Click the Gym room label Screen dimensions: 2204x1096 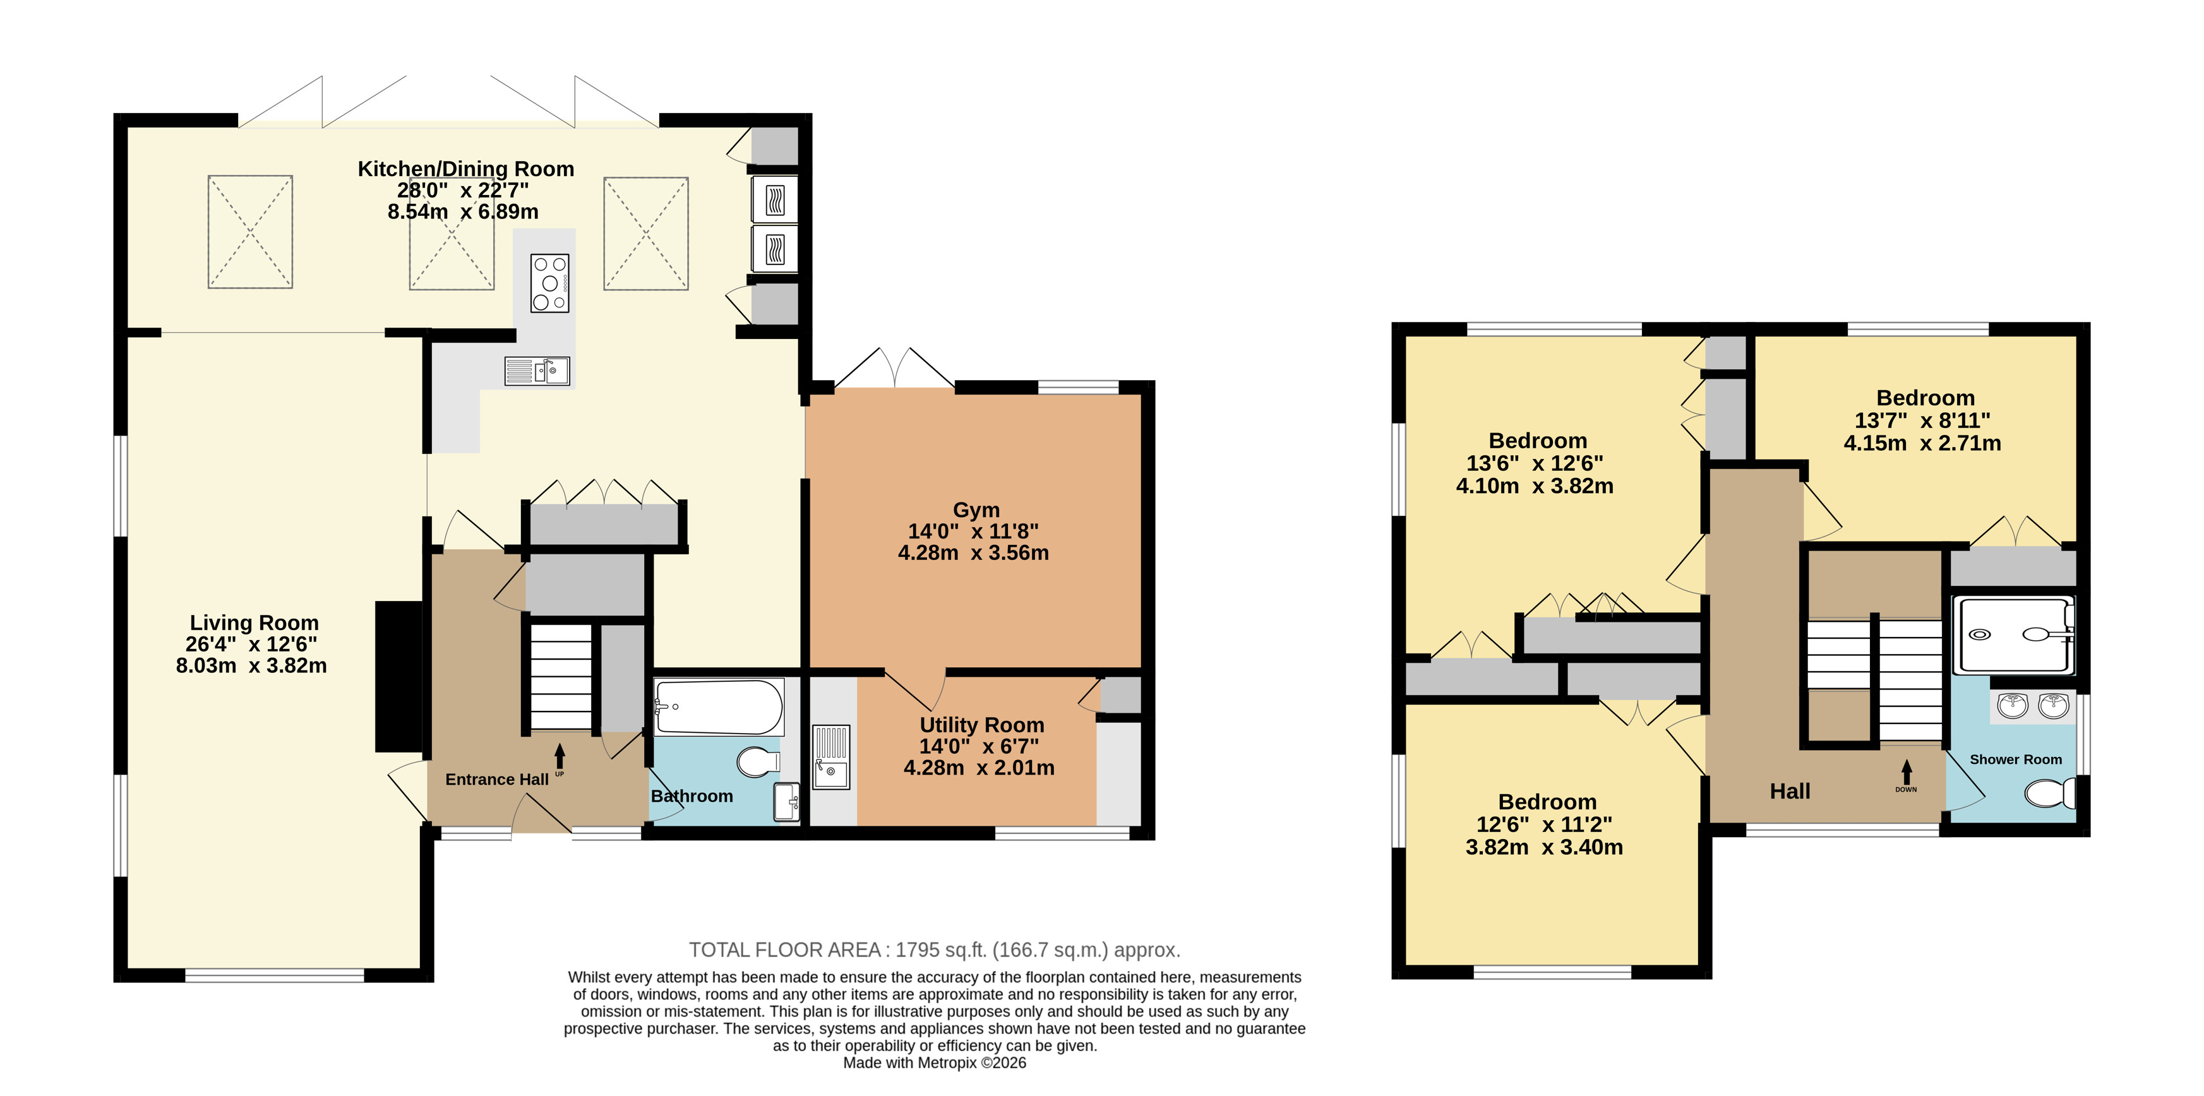(x=976, y=510)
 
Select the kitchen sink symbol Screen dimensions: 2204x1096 (x=537, y=371)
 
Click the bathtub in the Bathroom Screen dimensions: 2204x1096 (x=719, y=706)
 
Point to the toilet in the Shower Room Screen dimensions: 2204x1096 (x=2050, y=793)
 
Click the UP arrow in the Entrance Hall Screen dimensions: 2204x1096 (x=560, y=756)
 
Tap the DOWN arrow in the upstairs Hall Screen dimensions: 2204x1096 (x=1907, y=771)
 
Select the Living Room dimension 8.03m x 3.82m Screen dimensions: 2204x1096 (x=251, y=665)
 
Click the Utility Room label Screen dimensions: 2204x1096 (x=982, y=725)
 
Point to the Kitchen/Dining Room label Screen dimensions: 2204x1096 (x=465, y=169)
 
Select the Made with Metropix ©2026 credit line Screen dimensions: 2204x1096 (x=934, y=1063)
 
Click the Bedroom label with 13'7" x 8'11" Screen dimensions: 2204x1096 (x=1925, y=398)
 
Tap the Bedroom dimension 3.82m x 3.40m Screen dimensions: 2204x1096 (x=1544, y=847)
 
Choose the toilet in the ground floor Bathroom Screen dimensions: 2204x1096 (x=758, y=761)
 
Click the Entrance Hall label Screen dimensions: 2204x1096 (x=497, y=780)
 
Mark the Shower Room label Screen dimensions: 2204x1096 (x=2016, y=759)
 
